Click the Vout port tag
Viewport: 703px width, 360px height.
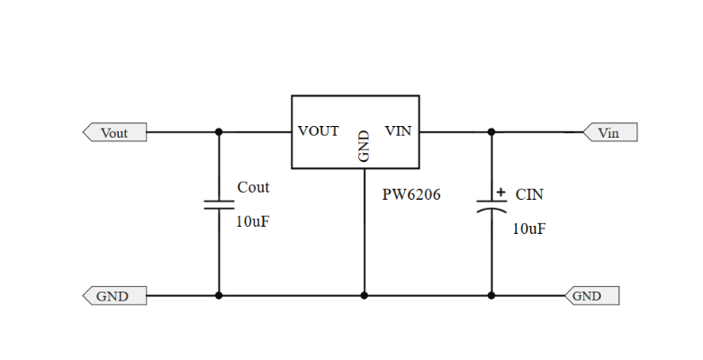pyautogui.click(x=114, y=132)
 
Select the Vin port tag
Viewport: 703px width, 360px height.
pyautogui.click(x=609, y=132)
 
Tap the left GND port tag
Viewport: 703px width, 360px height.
pyautogui.click(x=113, y=295)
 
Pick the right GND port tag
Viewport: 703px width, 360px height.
pyautogui.click(x=590, y=295)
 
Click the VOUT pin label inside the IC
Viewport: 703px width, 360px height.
pyautogui.click(x=319, y=131)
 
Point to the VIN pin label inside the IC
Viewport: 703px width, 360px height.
pyautogui.click(x=398, y=131)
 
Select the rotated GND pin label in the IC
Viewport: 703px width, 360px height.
pyautogui.click(x=365, y=147)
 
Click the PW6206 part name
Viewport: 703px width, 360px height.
pyautogui.click(x=411, y=194)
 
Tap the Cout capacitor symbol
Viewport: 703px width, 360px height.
pyautogui.click(x=219, y=204)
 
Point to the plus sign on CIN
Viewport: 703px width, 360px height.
pyautogui.click(x=500, y=192)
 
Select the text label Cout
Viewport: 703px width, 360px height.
pyautogui.click(x=253, y=187)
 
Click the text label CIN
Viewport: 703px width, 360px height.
pyautogui.click(x=529, y=194)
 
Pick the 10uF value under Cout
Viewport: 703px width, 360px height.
pyautogui.click(x=252, y=221)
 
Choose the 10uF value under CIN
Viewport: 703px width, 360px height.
pyautogui.click(x=529, y=229)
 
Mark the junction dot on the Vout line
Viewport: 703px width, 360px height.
pyautogui.click(x=219, y=132)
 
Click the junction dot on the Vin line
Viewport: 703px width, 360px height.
pyautogui.click(x=491, y=132)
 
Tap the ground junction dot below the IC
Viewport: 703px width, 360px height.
pyautogui.click(x=365, y=295)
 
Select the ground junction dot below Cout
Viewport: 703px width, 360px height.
pyautogui.click(x=219, y=295)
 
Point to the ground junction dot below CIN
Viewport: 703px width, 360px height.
pyautogui.click(x=491, y=295)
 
